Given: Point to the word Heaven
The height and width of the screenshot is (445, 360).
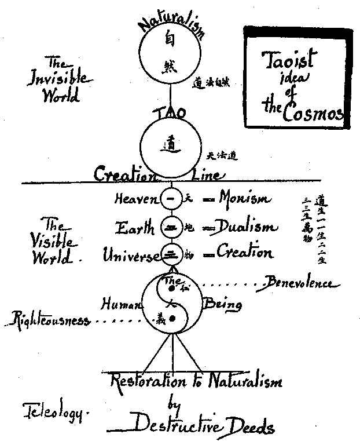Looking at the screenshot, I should coord(135,200).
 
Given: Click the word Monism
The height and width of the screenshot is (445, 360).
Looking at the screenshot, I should coord(244,199).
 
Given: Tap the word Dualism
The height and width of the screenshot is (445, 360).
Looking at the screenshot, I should coord(243,227).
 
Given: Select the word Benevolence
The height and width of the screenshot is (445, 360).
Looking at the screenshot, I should coord(298,283).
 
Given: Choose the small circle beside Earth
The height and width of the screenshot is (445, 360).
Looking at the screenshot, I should coord(170,227).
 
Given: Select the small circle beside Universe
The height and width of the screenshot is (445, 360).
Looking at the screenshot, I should coord(170,253).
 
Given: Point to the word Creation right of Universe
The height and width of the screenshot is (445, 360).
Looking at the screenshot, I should coord(244,253).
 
